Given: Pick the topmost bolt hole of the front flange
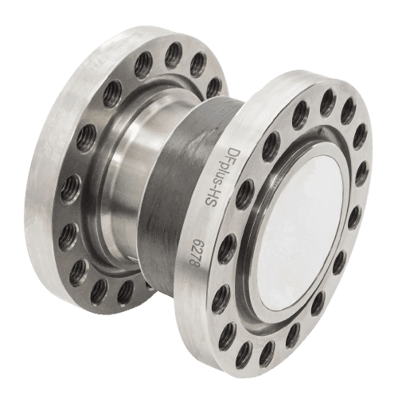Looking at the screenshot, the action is [328, 103].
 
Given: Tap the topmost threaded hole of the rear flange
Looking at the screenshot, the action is [174, 55].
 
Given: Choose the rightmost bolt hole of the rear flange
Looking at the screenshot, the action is [214, 87].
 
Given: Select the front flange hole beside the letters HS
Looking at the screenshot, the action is [244, 194].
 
